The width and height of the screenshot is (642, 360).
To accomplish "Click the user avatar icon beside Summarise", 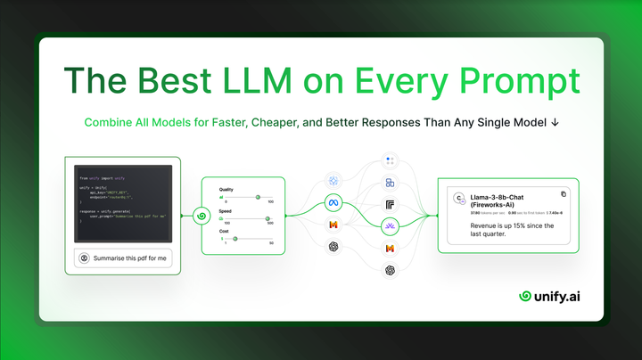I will [x=84, y=258].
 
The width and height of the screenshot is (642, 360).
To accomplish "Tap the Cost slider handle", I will [x=235, y=238].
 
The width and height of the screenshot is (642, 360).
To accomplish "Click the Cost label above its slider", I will [x=225, y=230].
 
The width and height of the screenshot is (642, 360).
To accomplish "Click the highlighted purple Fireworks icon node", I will [x=390, y=227].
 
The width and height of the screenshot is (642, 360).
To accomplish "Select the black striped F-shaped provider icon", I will [x=390, y=205].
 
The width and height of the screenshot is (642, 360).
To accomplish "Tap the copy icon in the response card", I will [x=563, y=193].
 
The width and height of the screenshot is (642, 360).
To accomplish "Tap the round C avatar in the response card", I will [x=457, y=199].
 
